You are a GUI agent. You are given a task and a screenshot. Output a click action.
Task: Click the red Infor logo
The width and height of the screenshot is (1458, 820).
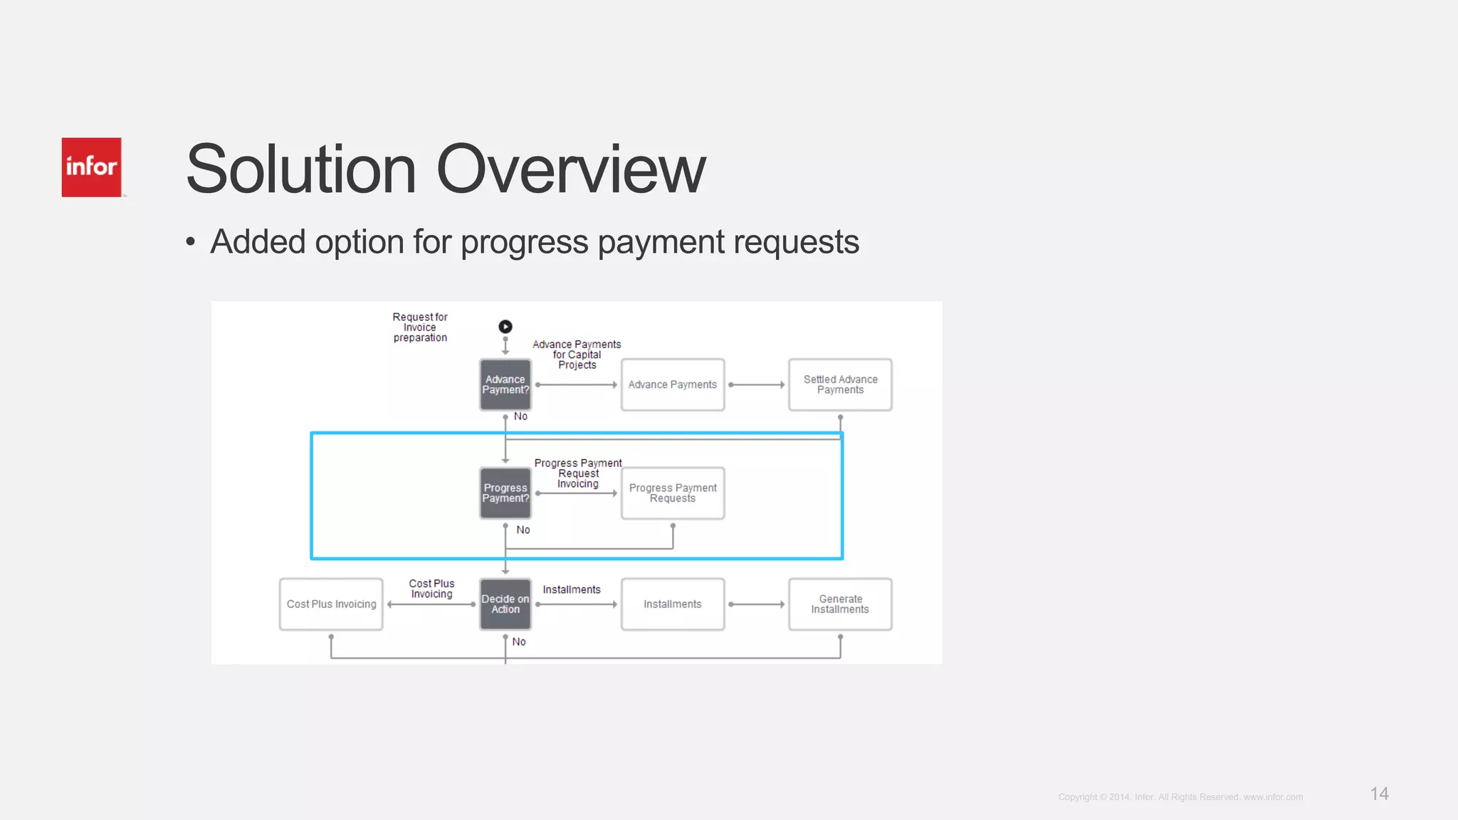pyautogui.click(x=91, y=167)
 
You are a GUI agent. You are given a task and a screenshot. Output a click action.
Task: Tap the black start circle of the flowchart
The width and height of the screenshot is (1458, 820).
pyautogui.click(x=505, y=327)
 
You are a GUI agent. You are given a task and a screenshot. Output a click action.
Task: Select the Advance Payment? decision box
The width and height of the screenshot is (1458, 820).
pyautogui.click(x=505, y=385)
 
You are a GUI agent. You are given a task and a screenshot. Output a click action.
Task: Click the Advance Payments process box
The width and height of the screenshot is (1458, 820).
pyautogui.click(x=673, y=385)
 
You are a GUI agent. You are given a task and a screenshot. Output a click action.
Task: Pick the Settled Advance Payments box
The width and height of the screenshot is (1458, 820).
pyautogui.click(x=840, y=385)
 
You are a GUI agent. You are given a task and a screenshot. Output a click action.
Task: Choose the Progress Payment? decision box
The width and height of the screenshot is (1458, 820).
pyautogui.click(x=505, y=493)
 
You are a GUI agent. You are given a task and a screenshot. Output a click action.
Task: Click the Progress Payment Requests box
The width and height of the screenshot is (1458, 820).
pyautogui.click(x=673, y=493)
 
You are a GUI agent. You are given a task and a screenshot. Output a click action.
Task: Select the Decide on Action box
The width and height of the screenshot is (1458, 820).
pyautogui.click(x=505, y=604)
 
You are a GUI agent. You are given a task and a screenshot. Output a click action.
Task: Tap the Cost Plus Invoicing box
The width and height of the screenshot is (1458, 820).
pyautogui.click(x=331, y=604)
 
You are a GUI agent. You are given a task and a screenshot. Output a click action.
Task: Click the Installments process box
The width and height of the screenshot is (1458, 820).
pyautogui.click(x=673, y=604)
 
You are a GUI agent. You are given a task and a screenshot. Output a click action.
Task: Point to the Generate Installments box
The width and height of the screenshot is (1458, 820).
pyautogui.click(x=840, y=604)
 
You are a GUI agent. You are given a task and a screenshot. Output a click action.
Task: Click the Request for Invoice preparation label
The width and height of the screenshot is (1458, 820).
pyautogui.click(x=420, y=327)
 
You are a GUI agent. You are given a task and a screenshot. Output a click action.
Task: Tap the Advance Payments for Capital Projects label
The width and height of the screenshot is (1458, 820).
pyautogui.click(x=577, y=354)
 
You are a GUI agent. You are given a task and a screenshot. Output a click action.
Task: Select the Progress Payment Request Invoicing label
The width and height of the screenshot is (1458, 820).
pyautogui.click(x=578, y=473)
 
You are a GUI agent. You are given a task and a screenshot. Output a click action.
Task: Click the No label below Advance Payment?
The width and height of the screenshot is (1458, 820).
pyautogui.click(x=520, y=416)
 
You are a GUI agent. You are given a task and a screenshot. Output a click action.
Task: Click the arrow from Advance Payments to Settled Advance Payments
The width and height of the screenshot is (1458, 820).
pyautogui.click(x=757, y=385)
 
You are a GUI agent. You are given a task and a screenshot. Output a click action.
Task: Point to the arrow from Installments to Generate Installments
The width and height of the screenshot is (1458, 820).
pyautogui.click(x=757, y=604)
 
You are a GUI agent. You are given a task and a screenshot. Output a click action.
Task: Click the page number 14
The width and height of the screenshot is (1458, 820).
pyautogui.click(x=1379, y=794)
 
